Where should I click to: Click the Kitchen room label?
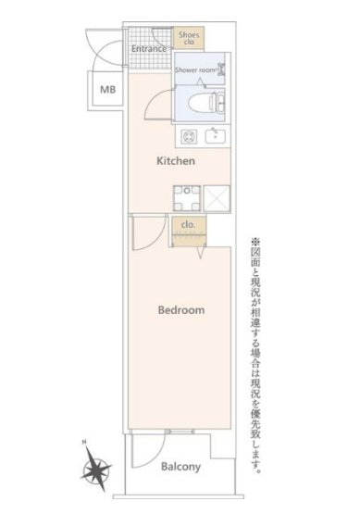[x=176, y=160]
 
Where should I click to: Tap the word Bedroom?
[x=181, y=309]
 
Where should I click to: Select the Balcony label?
[x=180, y=467]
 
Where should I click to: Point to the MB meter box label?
[x=107, y=89]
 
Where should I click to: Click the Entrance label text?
[x=149, y=48]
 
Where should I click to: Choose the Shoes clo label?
[x=189, y=38]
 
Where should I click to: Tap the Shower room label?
[x=195, y=69]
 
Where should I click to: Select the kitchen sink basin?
[x=216, y=136]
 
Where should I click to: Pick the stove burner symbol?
[x=190, y=136]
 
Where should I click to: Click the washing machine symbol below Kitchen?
[x=187, y=198]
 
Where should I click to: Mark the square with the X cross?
[x=217, y=198]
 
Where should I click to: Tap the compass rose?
[x=97, y=470]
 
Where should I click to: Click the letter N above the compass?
[x=84, y=443]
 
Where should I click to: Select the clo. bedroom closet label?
[x=188, y=225]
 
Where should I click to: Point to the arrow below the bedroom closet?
[x=200, y=252]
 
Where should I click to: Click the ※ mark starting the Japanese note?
[x=255, y=243]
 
